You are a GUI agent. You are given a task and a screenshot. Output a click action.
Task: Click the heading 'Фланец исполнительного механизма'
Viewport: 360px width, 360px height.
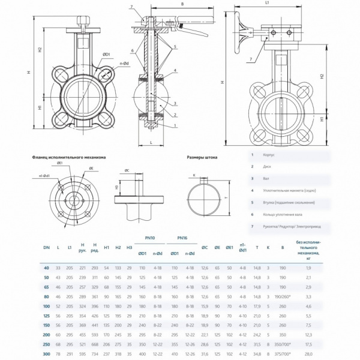click(x=68, y=157)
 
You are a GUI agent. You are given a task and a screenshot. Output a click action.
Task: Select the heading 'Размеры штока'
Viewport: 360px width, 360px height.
click(x=202, y=157)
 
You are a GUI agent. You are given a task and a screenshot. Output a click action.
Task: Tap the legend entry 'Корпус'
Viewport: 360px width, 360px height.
click(x=270, y=155)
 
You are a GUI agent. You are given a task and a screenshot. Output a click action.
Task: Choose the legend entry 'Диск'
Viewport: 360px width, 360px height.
click(x=268, y=166)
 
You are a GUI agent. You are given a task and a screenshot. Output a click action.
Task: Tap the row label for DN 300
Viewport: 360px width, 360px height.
click(x=46, y=355)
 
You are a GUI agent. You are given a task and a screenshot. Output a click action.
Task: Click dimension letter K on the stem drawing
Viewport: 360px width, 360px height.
click(x=194, y=175)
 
